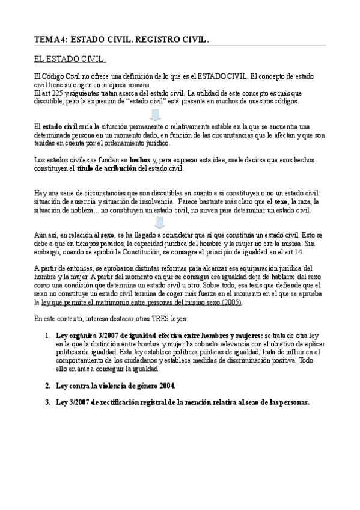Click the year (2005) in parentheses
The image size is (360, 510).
231,303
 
